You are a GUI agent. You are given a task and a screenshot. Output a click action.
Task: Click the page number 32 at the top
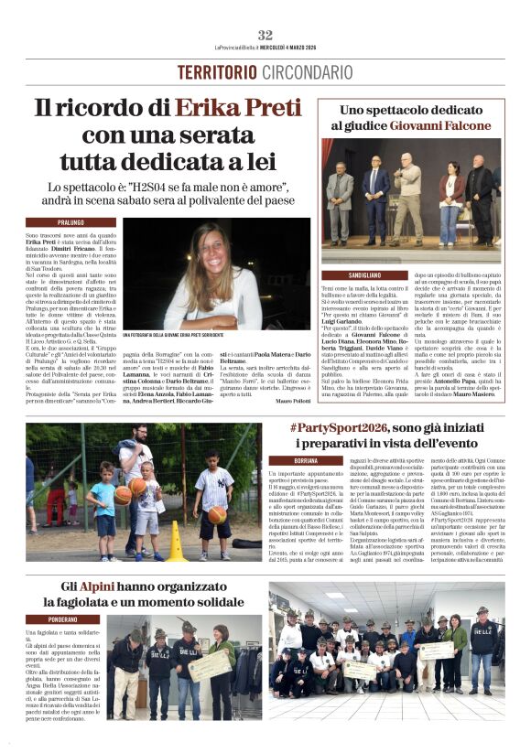tap(265, 35)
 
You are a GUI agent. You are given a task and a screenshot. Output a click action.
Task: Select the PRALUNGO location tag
tap(70, 222)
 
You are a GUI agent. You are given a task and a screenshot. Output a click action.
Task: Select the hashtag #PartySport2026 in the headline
tap(341, 427)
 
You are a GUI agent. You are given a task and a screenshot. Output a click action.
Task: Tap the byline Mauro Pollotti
tap(293, 401)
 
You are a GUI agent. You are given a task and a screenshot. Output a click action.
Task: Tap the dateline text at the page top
tap(265, 48)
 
